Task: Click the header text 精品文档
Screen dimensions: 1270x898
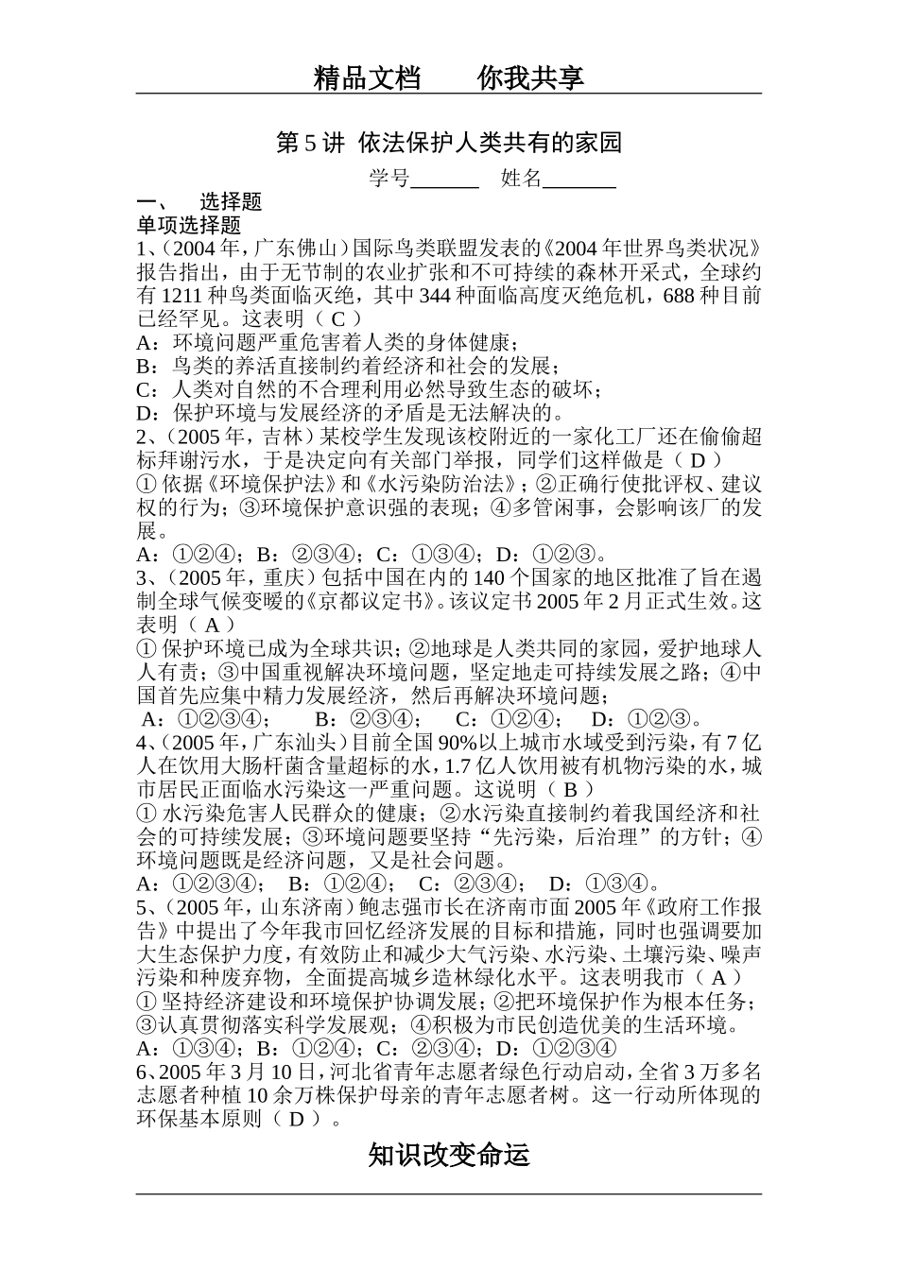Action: pos(367,77)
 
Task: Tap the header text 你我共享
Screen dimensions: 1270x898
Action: pos(531,77)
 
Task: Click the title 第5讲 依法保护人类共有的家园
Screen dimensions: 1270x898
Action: pos(449,143)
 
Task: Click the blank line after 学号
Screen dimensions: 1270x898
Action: pos(445,180)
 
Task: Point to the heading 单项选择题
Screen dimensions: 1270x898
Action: pos(189,225)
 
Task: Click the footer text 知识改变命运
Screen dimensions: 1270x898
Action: pos(449,1155)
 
